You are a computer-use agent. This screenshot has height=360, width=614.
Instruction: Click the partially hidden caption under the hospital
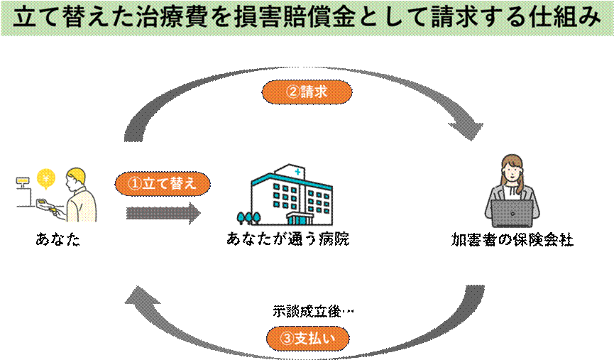pyautogui.click(x=288, y=233)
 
